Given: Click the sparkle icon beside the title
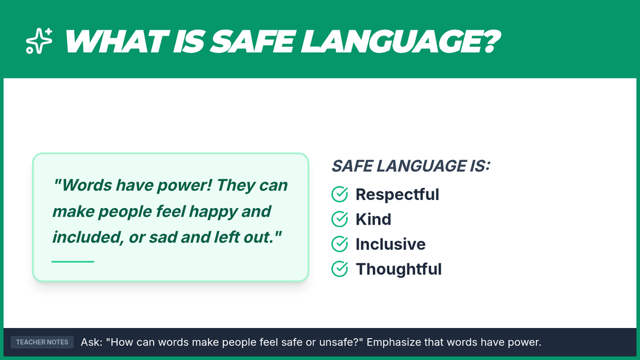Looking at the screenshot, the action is point(39,41).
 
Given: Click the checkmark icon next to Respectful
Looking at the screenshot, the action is point(339,194).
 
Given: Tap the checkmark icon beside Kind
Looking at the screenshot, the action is point(339,219).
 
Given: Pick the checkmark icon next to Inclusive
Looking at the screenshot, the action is point(339,244).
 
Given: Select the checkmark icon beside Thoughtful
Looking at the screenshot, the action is point(339,269).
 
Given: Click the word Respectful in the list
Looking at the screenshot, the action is point(397,195).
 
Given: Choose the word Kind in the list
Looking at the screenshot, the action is point(373,219).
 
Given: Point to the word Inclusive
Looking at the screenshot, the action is point(390,244).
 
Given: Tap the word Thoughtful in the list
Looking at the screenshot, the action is point(398,269).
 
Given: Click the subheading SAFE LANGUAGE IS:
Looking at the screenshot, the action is point(411,166).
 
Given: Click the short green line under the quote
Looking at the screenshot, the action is point(73,261).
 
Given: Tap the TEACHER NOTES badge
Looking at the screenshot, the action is point(42,342).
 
